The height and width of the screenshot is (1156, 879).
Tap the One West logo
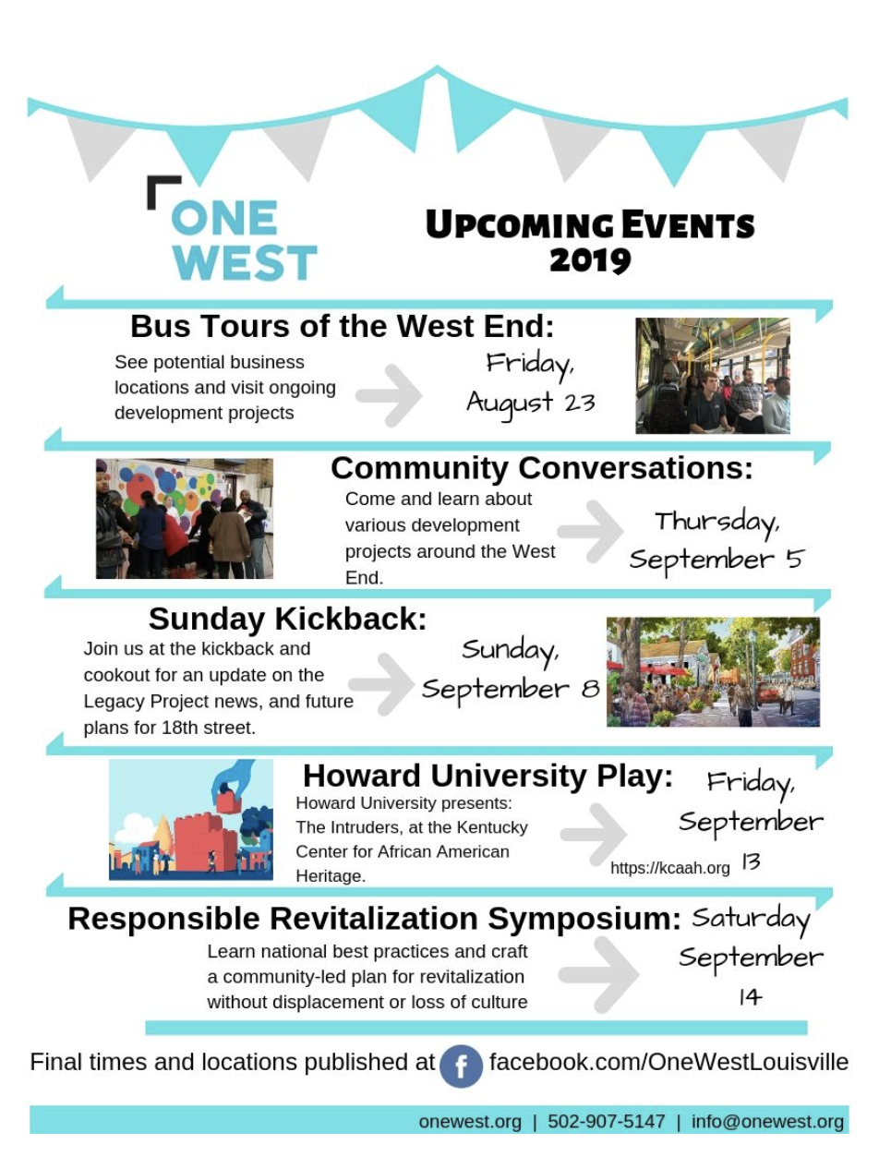coord(233,228)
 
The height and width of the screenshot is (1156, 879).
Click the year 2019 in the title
coord(589,260)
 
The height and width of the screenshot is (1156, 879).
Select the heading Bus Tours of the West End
coord(342,326)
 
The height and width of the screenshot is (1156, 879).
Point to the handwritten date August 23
coord(530,403)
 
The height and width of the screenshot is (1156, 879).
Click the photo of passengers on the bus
coord(712,376)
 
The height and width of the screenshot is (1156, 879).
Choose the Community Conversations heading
coord(541,468)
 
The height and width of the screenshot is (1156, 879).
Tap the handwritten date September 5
coord(716,560)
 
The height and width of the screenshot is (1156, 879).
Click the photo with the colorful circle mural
coord(185,518)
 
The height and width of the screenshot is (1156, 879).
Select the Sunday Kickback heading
coord(287,619)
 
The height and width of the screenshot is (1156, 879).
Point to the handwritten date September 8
coord(510,690)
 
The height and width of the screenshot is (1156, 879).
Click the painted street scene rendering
coord(713,671)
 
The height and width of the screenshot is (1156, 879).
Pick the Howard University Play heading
coord(488,776)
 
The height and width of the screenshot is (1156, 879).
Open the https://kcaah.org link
coord(670,868)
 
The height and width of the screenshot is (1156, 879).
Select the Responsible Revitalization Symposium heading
coord(375,919)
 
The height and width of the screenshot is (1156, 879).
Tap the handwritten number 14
coord(750,996)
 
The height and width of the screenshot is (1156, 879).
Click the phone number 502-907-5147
coord(606,1121)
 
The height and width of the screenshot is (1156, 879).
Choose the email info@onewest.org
coord(767,1122)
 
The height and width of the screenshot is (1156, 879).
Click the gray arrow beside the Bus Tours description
coord(389,395)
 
